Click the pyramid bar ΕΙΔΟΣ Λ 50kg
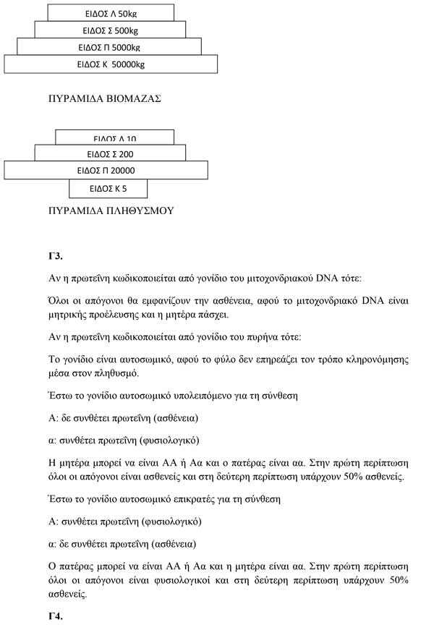tap(111, 13)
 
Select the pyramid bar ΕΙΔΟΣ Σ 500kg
tap(111, 30)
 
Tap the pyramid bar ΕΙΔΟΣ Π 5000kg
tap(109, 47)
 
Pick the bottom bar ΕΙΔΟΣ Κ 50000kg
tap(111, 64)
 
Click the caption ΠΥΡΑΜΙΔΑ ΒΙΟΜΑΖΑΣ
tap(103, 98)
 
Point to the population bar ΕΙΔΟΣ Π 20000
tap(106, 171)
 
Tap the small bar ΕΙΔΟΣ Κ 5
tap(109, 189)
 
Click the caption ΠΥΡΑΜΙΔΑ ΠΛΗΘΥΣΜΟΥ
tap(110, 211)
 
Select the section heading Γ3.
tap(56, 256)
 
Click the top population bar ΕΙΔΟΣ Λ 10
tap(114, 137)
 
